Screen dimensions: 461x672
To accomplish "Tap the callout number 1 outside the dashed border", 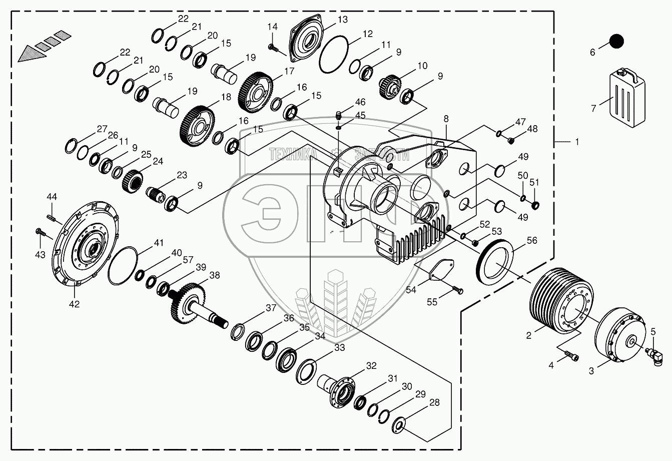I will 576,142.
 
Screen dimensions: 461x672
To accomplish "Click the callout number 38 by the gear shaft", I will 214,275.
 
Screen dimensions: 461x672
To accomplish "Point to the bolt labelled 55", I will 457,289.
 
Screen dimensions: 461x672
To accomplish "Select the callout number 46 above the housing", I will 360,102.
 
